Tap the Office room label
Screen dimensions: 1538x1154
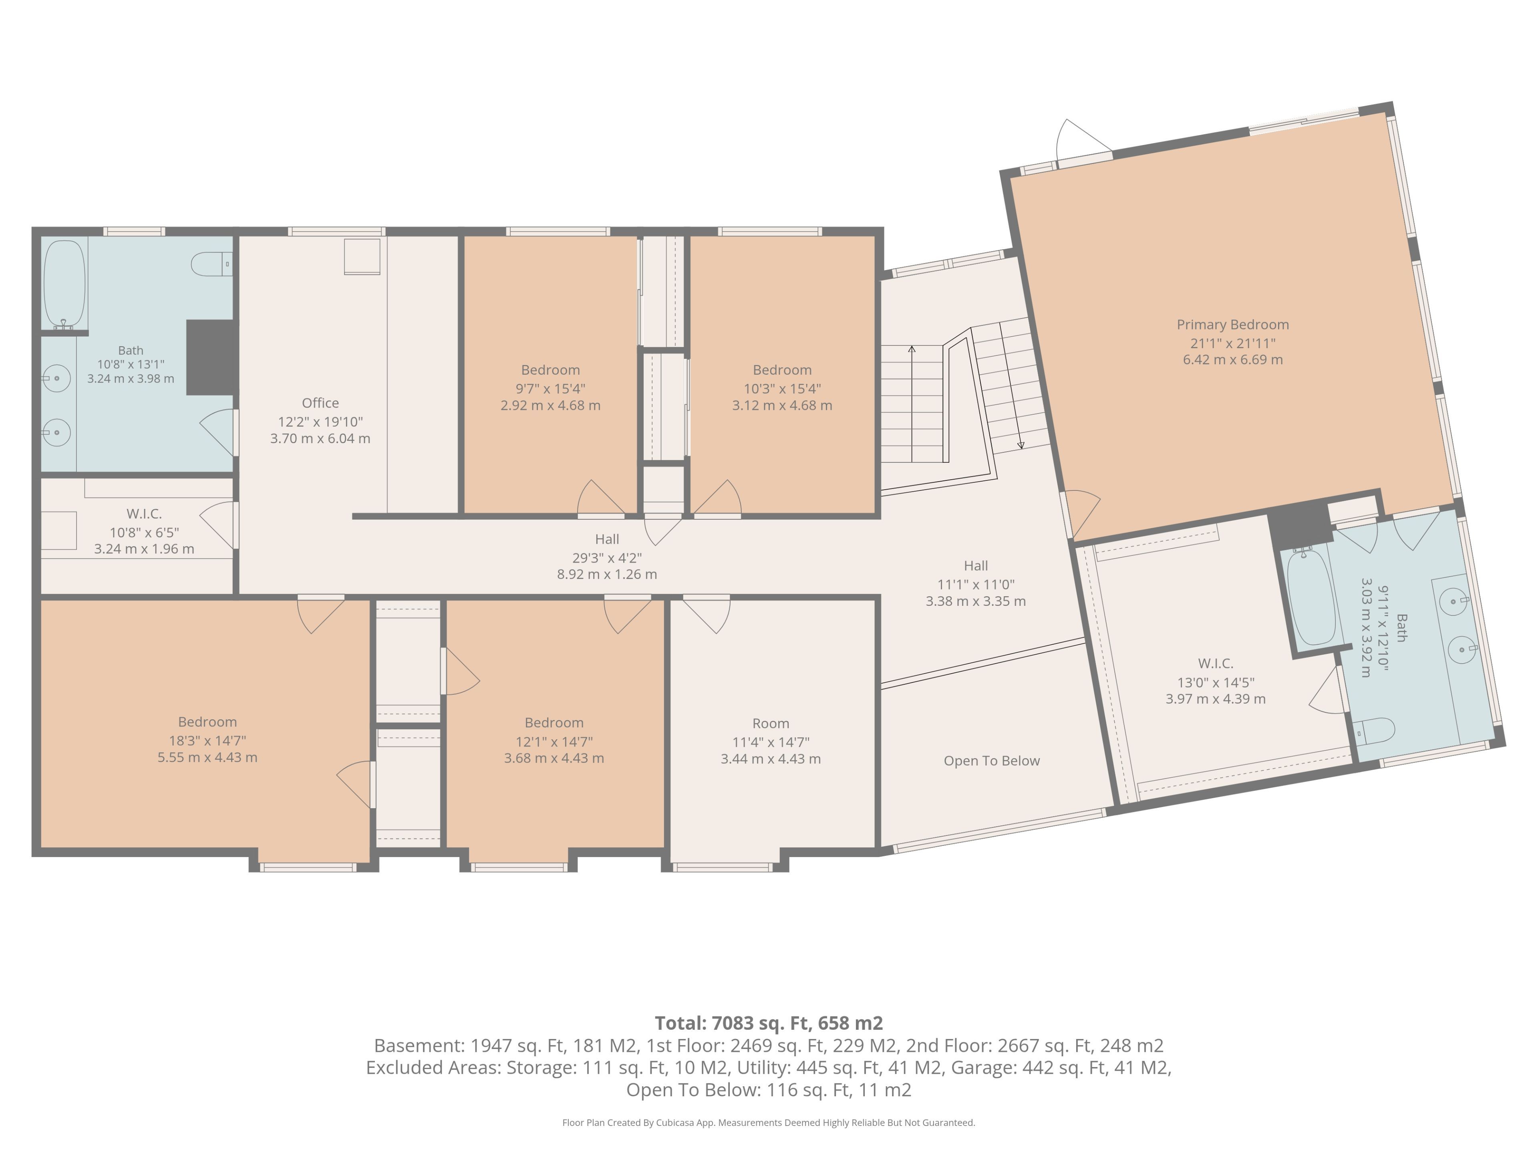320,403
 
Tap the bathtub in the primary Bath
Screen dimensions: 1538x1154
1311,598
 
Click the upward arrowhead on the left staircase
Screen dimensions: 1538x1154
912,349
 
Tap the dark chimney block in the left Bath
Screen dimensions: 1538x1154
209,357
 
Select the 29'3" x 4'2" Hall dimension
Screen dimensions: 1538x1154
607,558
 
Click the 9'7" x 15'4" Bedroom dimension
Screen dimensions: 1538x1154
551,388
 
